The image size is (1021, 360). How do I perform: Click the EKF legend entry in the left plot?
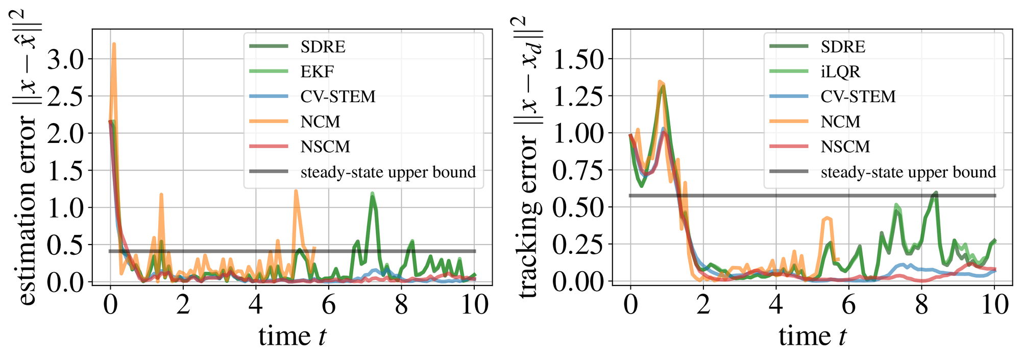(x=317, y=71)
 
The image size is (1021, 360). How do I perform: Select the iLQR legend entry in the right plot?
(x=840, y=71)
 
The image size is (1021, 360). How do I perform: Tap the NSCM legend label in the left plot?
(x=325, y=147)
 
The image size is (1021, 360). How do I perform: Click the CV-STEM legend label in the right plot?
(x=858, y=97)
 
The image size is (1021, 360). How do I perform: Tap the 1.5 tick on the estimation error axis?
(x=65, y=171)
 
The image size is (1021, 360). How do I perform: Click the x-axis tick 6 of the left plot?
(x=328, y=305)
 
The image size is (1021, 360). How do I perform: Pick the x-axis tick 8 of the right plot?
(x=921, y=305)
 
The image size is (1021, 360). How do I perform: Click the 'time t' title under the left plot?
(x=292, y=337)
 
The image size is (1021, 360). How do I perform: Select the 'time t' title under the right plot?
(x=812, y=337)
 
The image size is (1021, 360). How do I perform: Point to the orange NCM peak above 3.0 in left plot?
(x=114, y=44)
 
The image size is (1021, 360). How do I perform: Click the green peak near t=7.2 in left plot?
(x=373, y=195)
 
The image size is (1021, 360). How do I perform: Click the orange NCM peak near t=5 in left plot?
(x=296, y=191)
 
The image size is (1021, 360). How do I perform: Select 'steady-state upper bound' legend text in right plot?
(x=908, y=172)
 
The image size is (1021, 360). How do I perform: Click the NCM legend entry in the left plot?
(x=320, y=122)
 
